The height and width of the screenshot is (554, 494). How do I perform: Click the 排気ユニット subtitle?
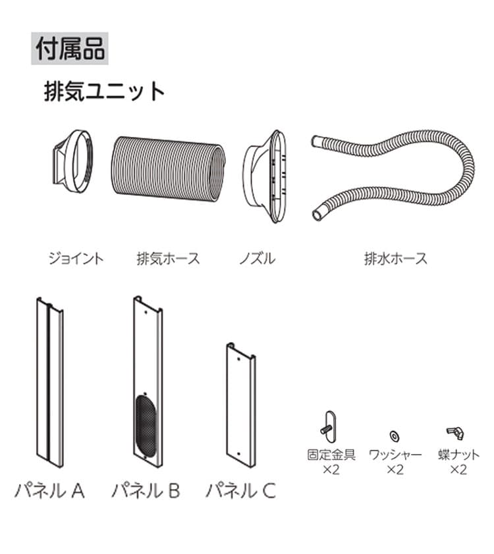click(x=104, y=91)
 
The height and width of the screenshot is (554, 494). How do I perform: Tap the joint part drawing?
click(x=72, y=162)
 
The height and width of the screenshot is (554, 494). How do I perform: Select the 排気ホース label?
click(x=168, y=257)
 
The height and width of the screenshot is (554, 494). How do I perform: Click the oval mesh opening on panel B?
click(x=147, y=426)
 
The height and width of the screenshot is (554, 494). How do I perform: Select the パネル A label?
click(x=49, y=490)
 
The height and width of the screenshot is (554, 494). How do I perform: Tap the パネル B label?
click(x=146, y=490)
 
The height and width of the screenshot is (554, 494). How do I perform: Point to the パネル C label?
click(x=241, y=490)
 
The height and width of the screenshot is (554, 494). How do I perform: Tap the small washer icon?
click(x=395, y=435)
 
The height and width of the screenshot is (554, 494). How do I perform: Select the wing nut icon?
click(x=455, y=432)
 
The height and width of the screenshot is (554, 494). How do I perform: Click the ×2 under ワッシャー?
click(x=395, y=469)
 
